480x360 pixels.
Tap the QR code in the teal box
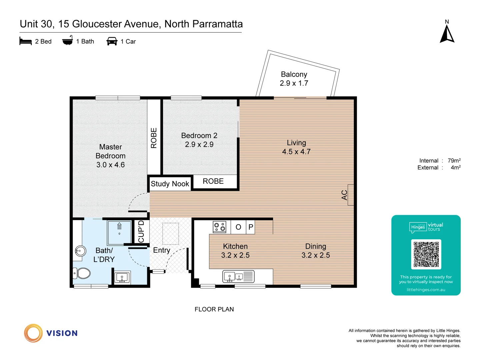point(426,254)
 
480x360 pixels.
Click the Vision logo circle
point(33,333)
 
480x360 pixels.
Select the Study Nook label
point(170,184)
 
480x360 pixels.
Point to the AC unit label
point(345,195)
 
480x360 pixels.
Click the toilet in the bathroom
point(82,273)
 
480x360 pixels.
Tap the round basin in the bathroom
point(80,251)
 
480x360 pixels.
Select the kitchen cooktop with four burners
point(220,227)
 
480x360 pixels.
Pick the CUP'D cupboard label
point(141,231)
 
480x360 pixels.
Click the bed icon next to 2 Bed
point(26,41)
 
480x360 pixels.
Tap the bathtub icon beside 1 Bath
point(67,41)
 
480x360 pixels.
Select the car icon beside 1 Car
point(112,41)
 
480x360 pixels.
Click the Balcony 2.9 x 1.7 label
point(294,79)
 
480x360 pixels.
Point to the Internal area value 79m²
point(454,161)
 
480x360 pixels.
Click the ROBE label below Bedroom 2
point(213,181)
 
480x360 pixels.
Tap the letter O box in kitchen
point(238,227)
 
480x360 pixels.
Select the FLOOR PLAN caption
point(214,309)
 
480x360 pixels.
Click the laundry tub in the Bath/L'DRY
point(122,277)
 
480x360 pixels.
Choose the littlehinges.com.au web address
point(426,290)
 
